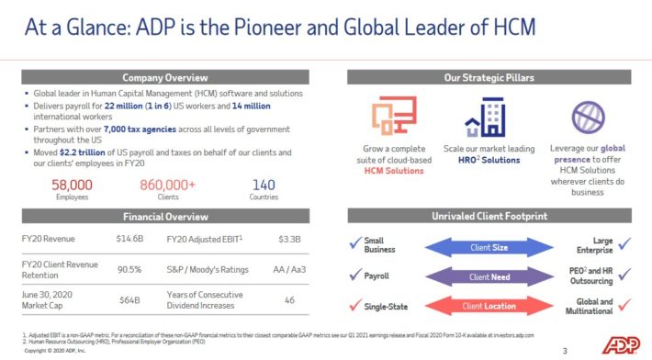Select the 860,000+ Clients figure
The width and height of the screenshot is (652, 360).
coord(167,185)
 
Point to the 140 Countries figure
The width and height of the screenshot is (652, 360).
coord(264,185)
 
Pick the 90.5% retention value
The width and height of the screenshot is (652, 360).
coord(129,269)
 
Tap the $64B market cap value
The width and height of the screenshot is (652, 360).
coord(129,300)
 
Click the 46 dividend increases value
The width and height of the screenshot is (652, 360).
coord(288,300)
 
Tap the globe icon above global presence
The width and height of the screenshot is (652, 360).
coord(588,117)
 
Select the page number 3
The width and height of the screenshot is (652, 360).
coord(565,350)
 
